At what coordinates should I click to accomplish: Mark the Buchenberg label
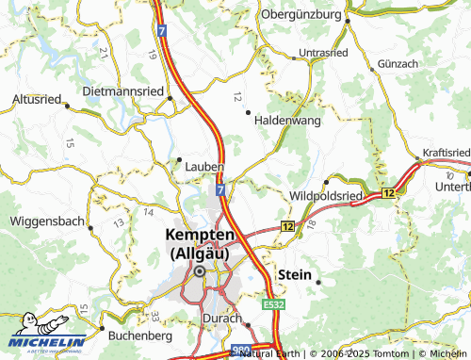[x=139, y=335]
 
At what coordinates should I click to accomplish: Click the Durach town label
[x=222, y=319]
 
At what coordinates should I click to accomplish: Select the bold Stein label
[x=294, y=273]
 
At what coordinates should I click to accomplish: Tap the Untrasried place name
[x=322, y=53]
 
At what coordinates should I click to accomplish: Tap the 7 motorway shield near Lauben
[x=219, y=190]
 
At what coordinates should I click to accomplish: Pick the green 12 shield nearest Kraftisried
[x=388, y=192]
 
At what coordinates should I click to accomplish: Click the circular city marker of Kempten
[x=200, y=271]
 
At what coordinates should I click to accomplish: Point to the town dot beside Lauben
[x=179, y=158]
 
